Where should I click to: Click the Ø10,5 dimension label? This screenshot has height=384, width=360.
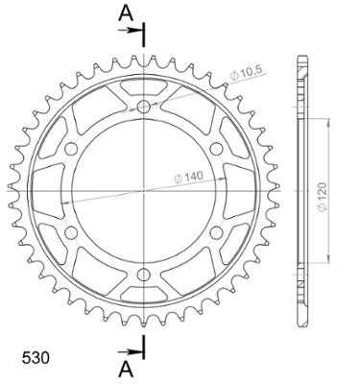click(x=246, y=75)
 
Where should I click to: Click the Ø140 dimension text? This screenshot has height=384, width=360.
click(x=188, y=177)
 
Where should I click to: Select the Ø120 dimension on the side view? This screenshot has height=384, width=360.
click(x=323, y=197)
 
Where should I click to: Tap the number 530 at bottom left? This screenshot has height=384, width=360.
click(x=36, y=358)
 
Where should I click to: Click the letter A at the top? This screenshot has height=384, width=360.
click(x=126, y=13)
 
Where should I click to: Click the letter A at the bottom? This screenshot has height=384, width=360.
click(x=126, y=370)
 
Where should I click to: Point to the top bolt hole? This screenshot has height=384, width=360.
click(x=144, y=107)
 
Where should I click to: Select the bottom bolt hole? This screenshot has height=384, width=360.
click(x=144, y=275)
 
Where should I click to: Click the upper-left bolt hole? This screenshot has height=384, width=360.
click(x=71, y=149)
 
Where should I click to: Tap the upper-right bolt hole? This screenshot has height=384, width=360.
click(x=217, y=148)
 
